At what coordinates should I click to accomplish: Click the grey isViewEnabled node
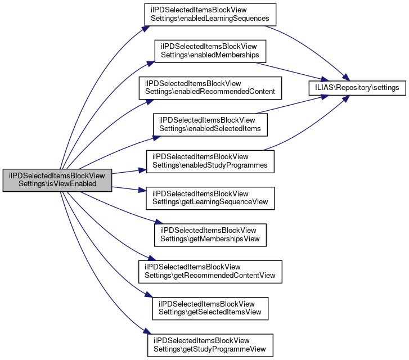click(57, 179)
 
